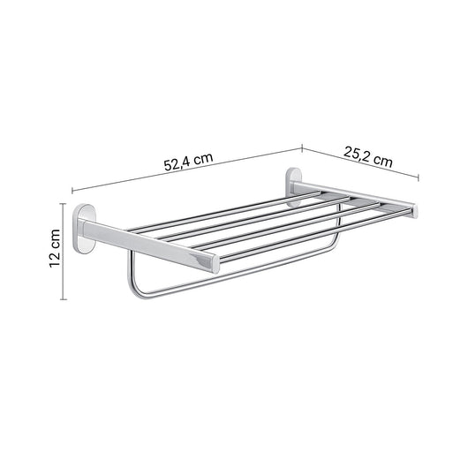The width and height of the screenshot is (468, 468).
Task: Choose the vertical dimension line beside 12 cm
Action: point(64,253)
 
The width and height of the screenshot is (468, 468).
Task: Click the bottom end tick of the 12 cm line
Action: point(64,300)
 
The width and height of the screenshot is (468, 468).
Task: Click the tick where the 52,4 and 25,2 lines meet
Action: point(302,148)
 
